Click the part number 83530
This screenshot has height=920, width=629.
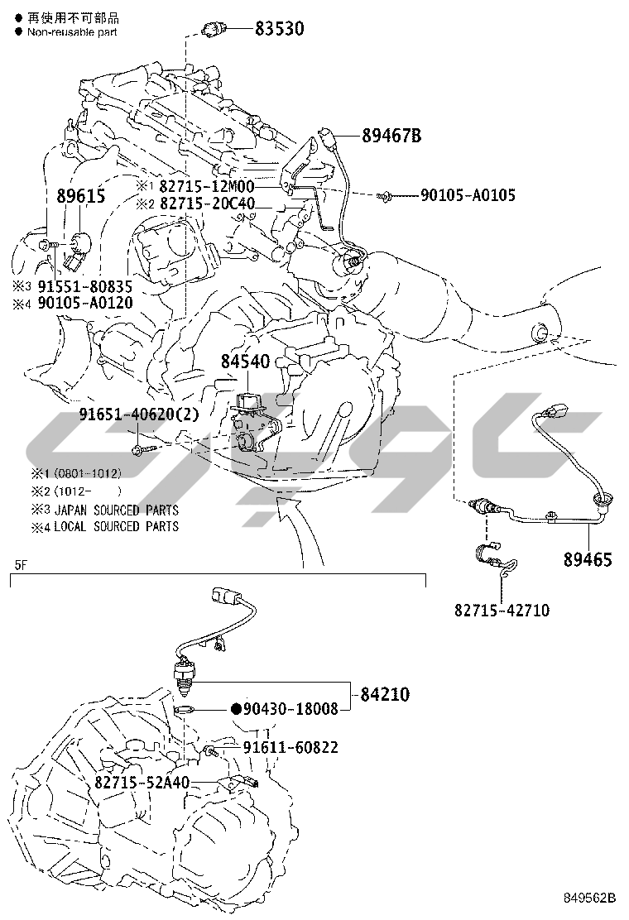click(x=279, y=29)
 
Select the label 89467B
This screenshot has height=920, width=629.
click(x=391, y=137)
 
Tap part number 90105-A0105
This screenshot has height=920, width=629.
click(x=468, y=194)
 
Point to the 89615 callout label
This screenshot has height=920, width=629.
click(x=81, y=196)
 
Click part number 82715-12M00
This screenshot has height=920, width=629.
click(x=207, y=187)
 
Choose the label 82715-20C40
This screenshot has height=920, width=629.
click(x=207, y=204)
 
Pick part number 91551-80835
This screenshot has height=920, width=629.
click(x=85, y=286)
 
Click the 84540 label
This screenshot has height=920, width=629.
click(x=245, y=362)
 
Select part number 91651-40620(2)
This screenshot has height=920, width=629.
click(x=139, y=414)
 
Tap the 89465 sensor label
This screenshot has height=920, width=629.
click(x=588, y=559)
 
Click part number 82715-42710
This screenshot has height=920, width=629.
click(x=502, y=611)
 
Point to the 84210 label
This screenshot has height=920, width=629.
click(x=385, y=695)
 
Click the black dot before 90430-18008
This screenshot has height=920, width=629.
click(x=237, y=709)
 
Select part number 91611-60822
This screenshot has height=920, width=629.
click(x=291, y=747)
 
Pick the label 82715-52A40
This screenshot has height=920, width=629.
click(x=142, y=782)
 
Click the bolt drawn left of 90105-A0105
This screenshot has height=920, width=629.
click(x=383, y=197)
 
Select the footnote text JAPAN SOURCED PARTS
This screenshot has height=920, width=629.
click(x=117, y=510)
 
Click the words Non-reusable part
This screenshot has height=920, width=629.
click(x=72, y=32)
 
